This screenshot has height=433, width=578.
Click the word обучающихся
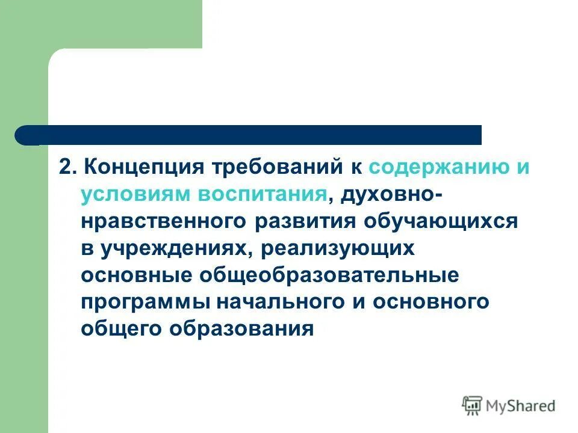pos(441,222)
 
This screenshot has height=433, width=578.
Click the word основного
pos(430,302)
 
